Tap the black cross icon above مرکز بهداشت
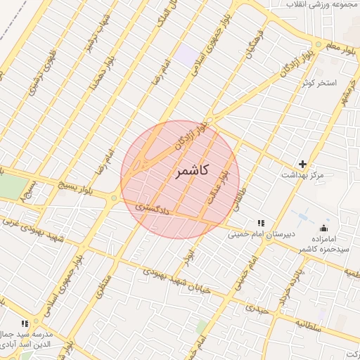[303, 163]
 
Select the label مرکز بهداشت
[303, 174]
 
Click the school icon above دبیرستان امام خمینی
[262, 223]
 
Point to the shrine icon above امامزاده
[323, 227]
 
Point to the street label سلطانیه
[308, 325]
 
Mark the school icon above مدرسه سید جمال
[25, 323]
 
